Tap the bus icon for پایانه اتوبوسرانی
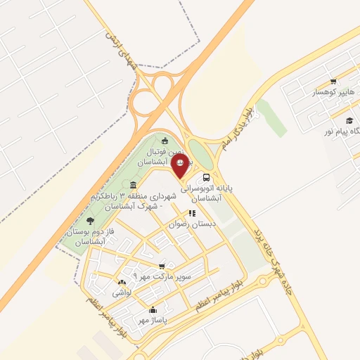[x=206, y=178]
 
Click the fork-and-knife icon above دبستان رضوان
[x=191, y=213]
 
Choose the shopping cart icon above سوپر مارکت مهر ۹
[x=162, y=266]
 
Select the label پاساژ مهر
[x=153, y=319]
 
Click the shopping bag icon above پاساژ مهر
[x=153, y=309]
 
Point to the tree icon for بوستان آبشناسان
[x=89, y=220]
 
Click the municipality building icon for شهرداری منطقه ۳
[x=133, y=185]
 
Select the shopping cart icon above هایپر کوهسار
[x=333, y=82]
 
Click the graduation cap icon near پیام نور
[x=349, y=121]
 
